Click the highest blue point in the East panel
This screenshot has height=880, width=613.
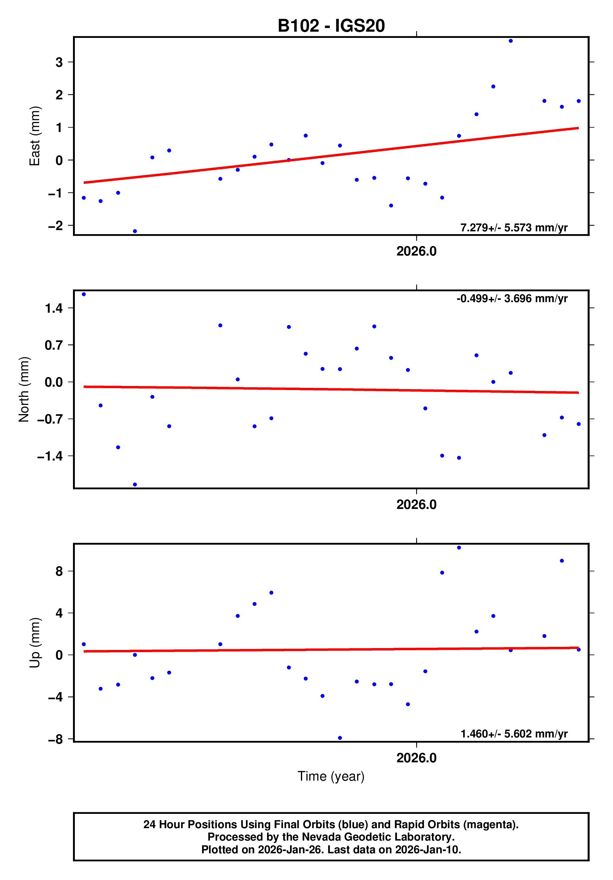coord(510,41)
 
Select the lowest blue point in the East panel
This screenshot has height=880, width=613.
coord(135,231)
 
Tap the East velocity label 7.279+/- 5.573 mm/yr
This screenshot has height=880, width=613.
coord(514,228)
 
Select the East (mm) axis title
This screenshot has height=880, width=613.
coord(34,136)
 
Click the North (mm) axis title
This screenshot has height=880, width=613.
coord(24,389)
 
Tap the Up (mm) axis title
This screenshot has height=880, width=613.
coord(34,642)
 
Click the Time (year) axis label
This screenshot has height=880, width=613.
coord(331,776)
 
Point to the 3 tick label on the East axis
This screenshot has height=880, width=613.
coord(59,62)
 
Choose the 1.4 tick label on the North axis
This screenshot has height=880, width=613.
coord(54,308)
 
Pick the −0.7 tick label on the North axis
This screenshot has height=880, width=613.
coord(50,419)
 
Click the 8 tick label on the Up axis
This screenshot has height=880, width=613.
coord(59,571)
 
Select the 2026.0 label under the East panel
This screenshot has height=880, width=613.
coord(416,252)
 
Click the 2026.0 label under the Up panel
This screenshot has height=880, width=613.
coord(416,758)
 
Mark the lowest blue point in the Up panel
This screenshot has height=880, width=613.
coord(340,738)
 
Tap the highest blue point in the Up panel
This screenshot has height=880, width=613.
coord(459,548)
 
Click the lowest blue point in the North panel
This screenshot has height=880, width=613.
coord(135,484)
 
